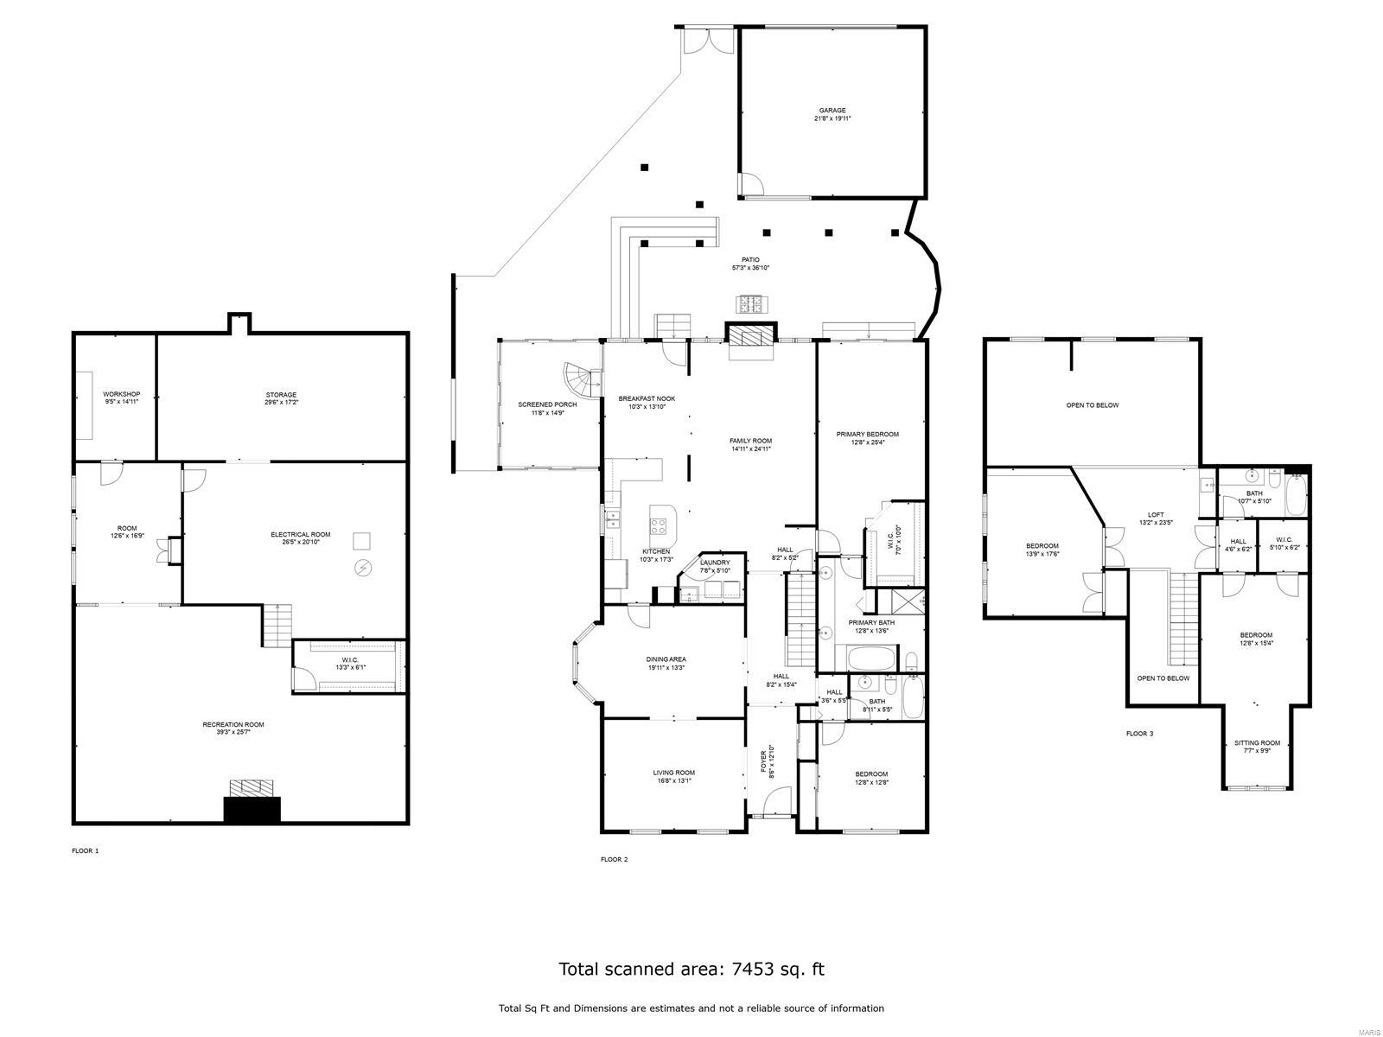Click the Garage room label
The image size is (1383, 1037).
[x=832, y=111]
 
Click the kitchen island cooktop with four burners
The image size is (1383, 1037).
[x=659, y=524]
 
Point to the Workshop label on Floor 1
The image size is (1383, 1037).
[x=121, y=394]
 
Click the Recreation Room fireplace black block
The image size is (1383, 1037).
[x=252, y=810]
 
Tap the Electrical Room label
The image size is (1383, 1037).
[x=300, y=535]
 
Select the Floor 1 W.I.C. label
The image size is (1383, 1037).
[x=348, y=661]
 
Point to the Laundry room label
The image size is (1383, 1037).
[x=715, y=563]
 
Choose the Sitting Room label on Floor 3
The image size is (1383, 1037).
[x=1256, y=743]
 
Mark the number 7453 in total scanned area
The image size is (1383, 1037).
[x=751, y=969]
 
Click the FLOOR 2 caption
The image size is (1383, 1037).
[x=614, y=859]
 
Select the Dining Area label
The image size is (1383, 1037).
[x=666, y=659]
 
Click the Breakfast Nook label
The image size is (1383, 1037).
[x=647, y=398]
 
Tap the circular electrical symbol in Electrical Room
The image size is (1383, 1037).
[x=363, y=568]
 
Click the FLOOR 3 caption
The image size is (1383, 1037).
[x=1139, y=734]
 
